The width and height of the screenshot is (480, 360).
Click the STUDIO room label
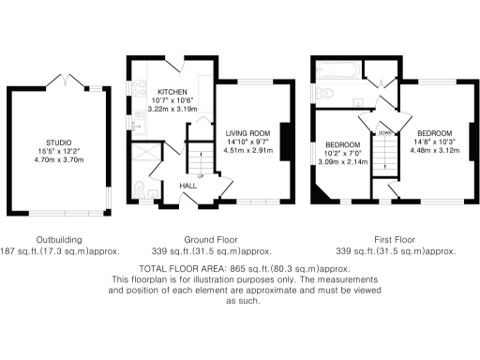pyautogui.click(x=59, y=142)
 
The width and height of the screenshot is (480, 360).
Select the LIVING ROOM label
pyautogui.click(x=247, y=133)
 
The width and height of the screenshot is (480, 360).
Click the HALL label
pyautogui.click(x=187, y=186)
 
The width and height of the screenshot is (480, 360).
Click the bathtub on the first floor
pyautogui.click(x=336, y=68)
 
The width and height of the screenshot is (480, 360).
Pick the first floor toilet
pyautogui.click(x=325, y=94)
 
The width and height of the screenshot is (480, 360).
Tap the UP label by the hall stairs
pyautogui.click(x=199, y=175)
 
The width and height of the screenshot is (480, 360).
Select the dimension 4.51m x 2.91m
pyautogui.click(x=247, y=150)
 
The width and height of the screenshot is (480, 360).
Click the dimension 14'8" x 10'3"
pyautogui.click(x=434, y=141)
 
